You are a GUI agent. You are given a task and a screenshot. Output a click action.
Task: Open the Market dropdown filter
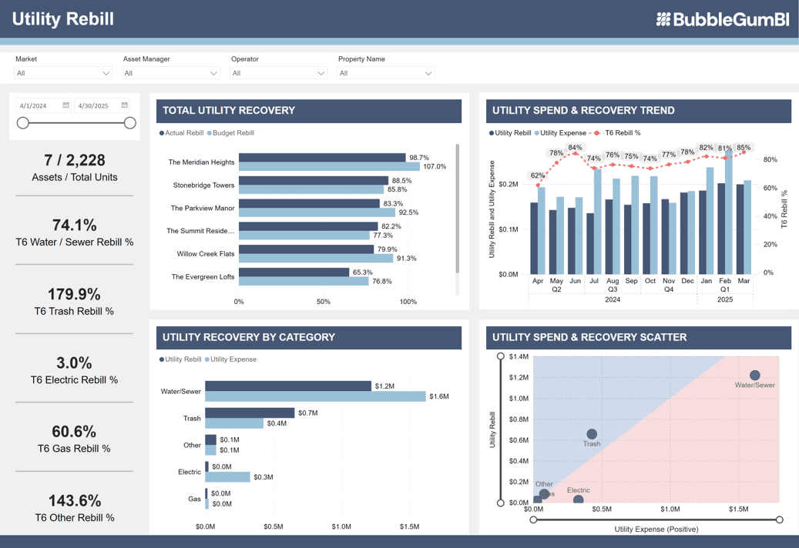coord(63,73)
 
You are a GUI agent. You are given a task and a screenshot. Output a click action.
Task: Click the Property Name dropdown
coord(385,73)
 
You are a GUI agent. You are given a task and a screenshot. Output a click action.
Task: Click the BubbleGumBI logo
coord(722,20)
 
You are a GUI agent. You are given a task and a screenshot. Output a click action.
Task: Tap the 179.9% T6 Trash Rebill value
coord(74,294)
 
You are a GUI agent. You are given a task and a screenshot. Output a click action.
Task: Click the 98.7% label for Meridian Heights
coord(419,157)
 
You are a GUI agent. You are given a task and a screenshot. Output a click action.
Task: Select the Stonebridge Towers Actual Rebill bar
coord(313,181)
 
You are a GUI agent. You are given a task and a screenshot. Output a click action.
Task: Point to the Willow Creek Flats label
coord(205,254)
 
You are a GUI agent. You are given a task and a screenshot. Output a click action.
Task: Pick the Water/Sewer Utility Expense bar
coord(314,396)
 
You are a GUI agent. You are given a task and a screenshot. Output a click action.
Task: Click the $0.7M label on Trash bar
coord(307,413)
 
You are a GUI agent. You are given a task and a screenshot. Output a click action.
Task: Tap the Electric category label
coord(190,472)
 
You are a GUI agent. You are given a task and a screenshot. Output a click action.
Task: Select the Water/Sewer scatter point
coord(754,376)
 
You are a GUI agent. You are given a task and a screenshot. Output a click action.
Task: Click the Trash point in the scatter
coord(592,434)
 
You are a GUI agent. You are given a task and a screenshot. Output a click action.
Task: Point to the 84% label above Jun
coord(575,148)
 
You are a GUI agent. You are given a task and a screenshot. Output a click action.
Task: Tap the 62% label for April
coord(538,175)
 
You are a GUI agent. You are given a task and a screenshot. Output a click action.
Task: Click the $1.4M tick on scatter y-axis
coord(519,356)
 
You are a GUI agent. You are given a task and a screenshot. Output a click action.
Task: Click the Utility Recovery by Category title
coord(248,337)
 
